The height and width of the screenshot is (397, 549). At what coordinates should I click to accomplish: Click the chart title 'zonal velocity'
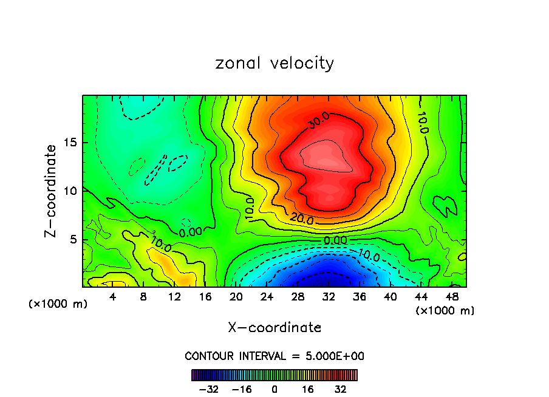(x=274, y=63)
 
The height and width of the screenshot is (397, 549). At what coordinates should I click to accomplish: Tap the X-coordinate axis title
(x=274, y=328)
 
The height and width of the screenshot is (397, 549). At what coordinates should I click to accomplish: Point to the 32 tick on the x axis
(x=329, y=297)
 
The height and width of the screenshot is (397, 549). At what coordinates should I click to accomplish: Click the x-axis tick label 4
(x=113, y=297)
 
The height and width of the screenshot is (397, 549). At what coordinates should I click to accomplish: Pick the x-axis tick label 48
(x=451, y=297)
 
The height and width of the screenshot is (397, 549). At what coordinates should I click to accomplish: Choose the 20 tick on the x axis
(x=236, y=297)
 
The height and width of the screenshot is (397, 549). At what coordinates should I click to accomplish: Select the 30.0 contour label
(x=318, y=121)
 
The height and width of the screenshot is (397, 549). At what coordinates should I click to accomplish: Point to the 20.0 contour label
(x=302, y=219)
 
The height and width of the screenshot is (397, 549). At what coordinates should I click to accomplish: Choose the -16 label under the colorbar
(x=242, y=389)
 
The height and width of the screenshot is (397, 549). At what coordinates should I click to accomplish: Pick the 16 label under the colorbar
(x=308, y=389)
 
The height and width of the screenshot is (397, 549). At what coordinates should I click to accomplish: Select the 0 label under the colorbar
(x=274, y=389)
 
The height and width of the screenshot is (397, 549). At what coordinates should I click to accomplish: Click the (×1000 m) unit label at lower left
(x=58, y=304)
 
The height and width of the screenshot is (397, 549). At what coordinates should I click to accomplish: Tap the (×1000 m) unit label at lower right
(x=445, y=311)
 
